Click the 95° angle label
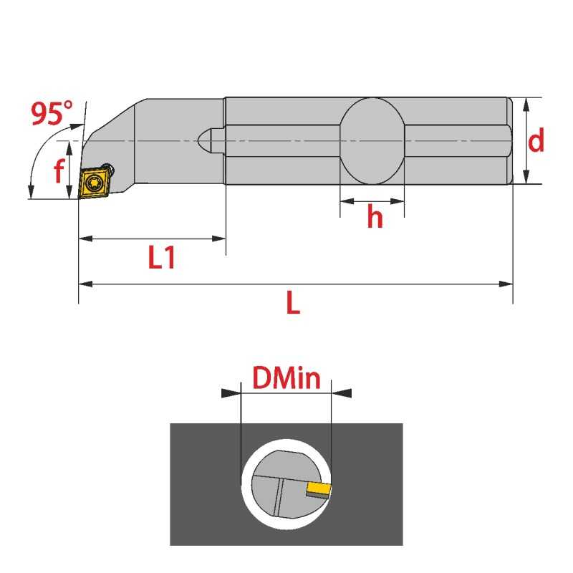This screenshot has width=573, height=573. coord(52,113)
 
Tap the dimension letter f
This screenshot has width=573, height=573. coord(59,170)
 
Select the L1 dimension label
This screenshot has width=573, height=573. coord(162,257)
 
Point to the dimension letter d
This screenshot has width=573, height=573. coord(536,140)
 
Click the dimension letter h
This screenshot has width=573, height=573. coord(375,216)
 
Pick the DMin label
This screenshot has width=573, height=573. coord(286,377)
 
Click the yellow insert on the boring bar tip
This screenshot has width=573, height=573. coord(95,183)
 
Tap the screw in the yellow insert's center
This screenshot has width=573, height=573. coord(95,182)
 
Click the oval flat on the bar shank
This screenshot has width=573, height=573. coord(372,141)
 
